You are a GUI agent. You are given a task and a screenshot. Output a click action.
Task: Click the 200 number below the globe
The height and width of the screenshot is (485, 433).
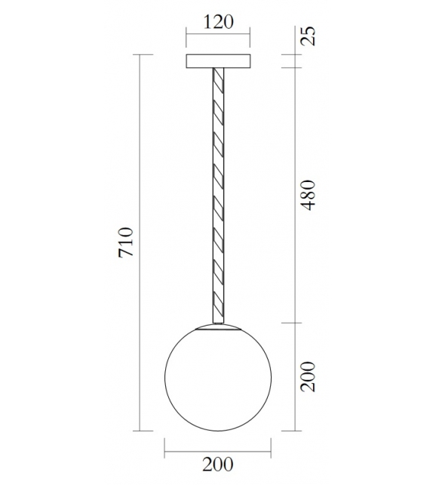[217, 463]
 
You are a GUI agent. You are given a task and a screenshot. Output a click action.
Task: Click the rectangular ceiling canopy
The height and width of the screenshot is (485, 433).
[219, 60]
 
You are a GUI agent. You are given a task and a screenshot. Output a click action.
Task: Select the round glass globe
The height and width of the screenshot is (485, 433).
[218, 378]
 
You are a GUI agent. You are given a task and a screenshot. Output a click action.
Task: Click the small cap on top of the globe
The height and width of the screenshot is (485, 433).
[218, 326]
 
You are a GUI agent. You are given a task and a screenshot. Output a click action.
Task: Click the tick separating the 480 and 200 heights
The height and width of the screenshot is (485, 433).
[292, 323]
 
